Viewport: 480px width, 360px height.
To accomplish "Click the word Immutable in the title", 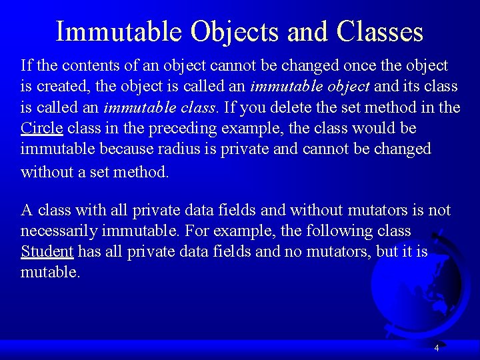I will click(119, 31).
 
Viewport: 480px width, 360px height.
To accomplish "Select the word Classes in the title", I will click(380, 31).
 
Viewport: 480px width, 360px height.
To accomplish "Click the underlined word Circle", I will click(42, 127).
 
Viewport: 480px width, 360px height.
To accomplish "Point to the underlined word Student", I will click(47, 251).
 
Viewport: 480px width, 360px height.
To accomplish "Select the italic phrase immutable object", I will click(310, 86).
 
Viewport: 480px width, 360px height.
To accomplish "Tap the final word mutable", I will click(50, 272).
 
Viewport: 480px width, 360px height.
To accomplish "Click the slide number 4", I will click(436, 348).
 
